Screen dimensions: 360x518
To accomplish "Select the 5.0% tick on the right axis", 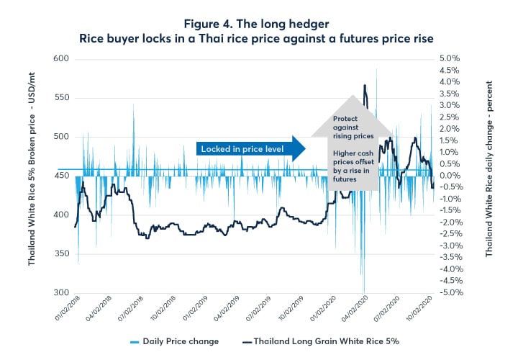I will (x=449, y=58).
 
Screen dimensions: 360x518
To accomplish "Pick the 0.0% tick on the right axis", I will (x=449, y=176).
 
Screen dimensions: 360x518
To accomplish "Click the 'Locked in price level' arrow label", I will (x=242, y=149).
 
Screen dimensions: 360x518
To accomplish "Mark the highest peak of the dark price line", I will (x=365, y=85).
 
